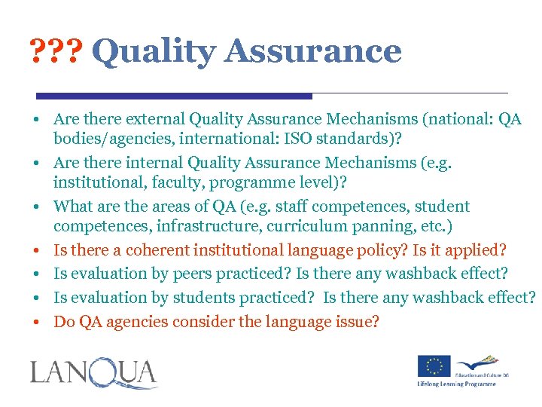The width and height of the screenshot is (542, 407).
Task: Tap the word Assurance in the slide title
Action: click(312, 51)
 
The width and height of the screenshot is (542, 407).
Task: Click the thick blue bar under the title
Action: click(174, 96)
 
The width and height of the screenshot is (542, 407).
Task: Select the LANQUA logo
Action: click(93, 374)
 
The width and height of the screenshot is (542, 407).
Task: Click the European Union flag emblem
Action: click(434, 366)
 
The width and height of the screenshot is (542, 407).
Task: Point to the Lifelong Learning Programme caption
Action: click(457, 384)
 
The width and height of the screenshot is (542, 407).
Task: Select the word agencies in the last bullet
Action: click(138, 322)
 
